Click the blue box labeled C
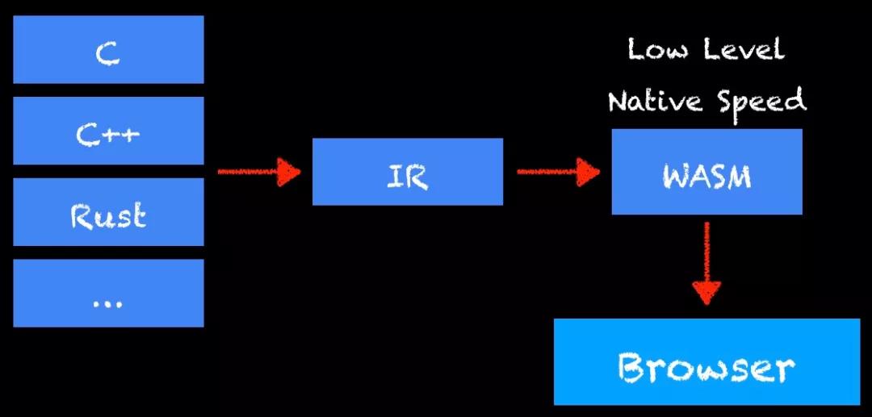[108, 49]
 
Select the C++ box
[108, 131]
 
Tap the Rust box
[108, 212]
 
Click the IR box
[407, 171]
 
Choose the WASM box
[706, 172]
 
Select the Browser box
[706, 361]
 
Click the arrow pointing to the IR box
[258, 171]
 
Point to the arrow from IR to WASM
[558, 171]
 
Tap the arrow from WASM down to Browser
[706, 262]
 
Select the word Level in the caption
[743, 49]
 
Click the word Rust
[108, 216]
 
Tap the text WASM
[706, 176]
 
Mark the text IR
[407, 176]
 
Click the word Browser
[706, 368]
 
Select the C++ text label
[108, 134]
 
